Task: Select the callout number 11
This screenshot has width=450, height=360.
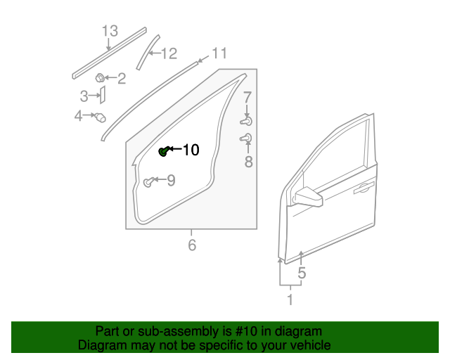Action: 219,53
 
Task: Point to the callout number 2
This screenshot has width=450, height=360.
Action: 122,79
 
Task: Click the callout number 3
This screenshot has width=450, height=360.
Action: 84,96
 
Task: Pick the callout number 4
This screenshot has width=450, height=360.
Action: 79,115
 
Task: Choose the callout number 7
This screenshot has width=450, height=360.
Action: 247,97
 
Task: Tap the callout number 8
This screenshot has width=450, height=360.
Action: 247,162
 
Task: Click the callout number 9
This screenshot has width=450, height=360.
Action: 170,181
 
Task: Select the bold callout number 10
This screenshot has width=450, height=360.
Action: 191,150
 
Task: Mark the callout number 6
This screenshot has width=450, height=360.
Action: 191,245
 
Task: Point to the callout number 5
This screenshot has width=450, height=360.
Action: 302,274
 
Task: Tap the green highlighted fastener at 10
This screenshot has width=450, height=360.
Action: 163,151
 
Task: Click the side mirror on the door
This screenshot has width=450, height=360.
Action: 308,198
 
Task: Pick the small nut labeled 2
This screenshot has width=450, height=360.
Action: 101,77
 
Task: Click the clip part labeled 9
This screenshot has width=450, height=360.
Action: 148,183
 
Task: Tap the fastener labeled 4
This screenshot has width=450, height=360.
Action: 100,117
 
